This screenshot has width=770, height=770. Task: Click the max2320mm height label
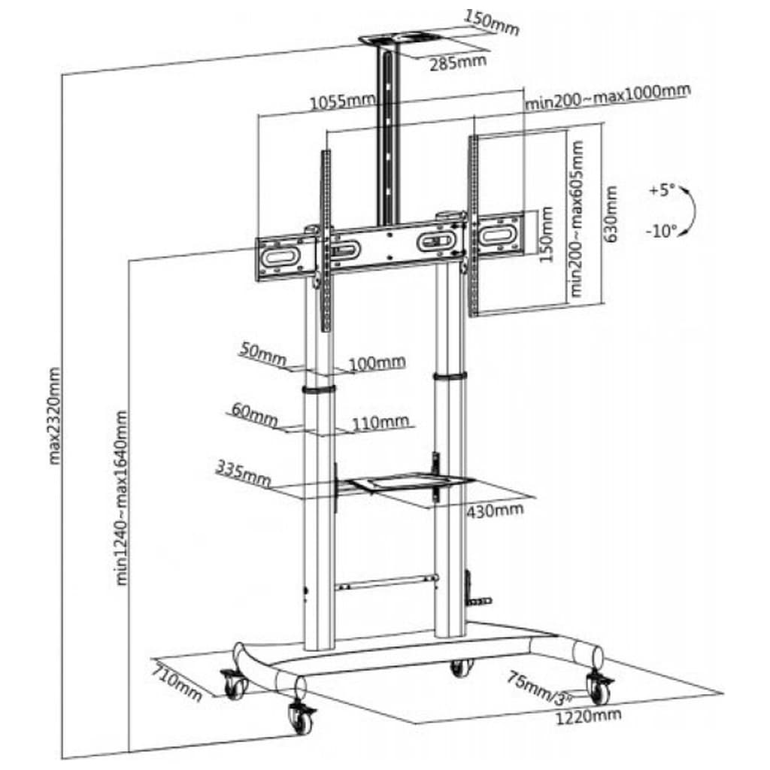54,415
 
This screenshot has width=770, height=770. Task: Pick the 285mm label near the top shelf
458,61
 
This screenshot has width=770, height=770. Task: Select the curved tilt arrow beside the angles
690,213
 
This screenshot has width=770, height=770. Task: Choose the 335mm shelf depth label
243,472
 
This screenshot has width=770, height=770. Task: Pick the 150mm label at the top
492,22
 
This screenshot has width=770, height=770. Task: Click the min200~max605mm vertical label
577,217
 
